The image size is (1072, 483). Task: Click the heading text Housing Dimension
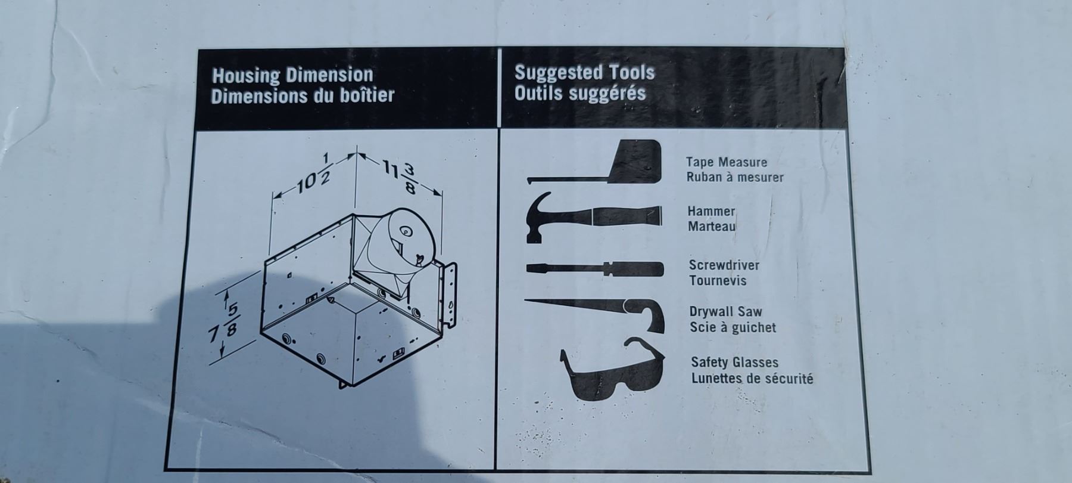point(292,76)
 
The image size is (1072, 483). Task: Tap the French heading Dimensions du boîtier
point(303,95)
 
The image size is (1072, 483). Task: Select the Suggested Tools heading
point(584,73)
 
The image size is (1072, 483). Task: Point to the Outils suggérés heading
point(580,93)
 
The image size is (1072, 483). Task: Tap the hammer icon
point(593,216)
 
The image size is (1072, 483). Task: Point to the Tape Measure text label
point(727,162)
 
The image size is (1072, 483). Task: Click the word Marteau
point(712,227)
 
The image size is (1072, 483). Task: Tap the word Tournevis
point(718,280)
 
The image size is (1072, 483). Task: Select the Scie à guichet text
point(733,327)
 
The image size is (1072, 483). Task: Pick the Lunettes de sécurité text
point(752,378)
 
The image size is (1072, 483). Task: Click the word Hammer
point(712,211)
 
